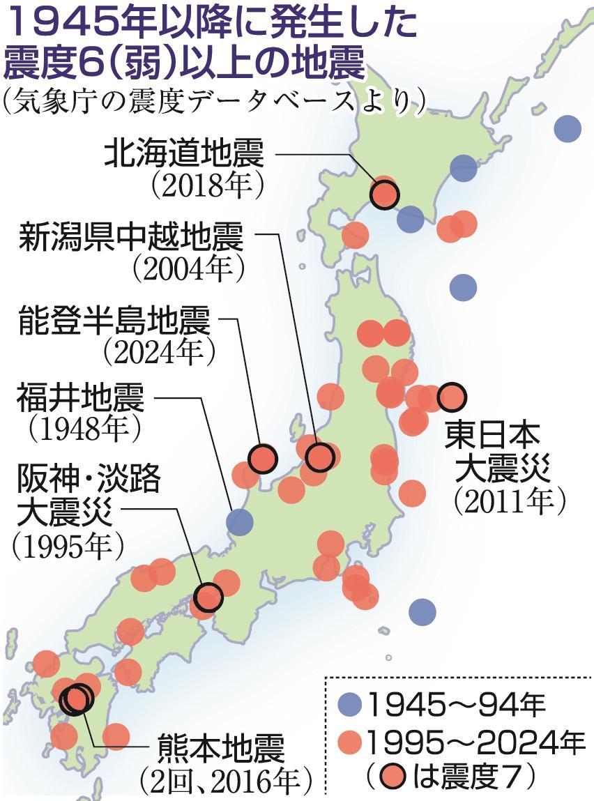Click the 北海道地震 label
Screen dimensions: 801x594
pyautogui.click(x=184, y=155)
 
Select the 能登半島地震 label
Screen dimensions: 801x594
pyautogui.click(x=114, y=323)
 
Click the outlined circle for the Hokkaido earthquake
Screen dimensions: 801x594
pyautogui.click(x=384, y=194)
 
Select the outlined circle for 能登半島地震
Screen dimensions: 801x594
pyautogui.click(x=264, y=458)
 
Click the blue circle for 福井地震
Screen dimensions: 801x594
pyautogui.click(x=240, y=521)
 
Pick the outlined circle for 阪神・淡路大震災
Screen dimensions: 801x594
pyautogui.click(x=208, y=597)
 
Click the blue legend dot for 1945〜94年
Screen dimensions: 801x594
pyautogui.click(x=353, y=706)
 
